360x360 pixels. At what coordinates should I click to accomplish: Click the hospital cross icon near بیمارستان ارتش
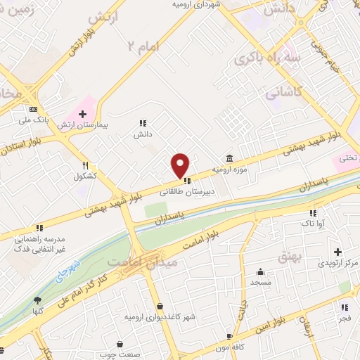coord(83,114)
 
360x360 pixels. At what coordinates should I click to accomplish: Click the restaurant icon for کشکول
coord(85,166)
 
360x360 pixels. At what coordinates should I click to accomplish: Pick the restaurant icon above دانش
coord(143,122)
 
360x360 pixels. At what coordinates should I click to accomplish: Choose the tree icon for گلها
coord(37,300)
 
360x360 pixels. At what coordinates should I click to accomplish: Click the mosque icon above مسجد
coord(261,272)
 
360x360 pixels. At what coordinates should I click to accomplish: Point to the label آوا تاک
coord(313,224)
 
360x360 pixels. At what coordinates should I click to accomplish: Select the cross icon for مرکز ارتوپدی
coord(337,252)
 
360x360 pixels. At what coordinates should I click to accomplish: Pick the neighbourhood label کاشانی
coord(283,92)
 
